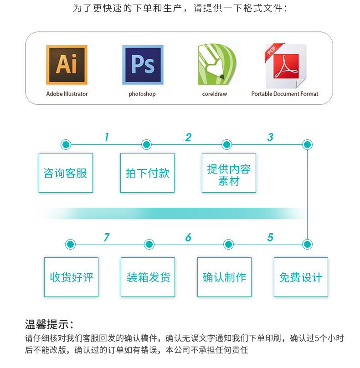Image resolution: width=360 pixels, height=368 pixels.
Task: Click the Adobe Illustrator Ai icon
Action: coord(67,65)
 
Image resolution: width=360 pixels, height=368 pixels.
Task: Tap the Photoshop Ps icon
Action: coord(142,65)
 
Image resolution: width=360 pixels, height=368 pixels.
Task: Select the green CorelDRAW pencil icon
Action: coord(217,65)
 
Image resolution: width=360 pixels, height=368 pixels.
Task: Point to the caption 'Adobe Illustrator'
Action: coord(67,94)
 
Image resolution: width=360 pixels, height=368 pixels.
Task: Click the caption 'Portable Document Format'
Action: coord(285,94)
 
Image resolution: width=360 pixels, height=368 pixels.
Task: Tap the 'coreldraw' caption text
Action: coord(215,94)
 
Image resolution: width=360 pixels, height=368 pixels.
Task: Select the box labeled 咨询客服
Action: coord(66,173)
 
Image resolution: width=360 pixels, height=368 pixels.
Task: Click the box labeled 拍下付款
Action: coord(147,173)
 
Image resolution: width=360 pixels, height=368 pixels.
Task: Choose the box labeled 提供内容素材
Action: coord(229,173)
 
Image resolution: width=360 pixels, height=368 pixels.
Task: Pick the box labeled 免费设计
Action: coord(300,277)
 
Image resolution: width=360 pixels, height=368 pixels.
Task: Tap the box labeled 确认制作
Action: coord(224,277)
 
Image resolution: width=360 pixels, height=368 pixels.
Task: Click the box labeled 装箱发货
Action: coord(148,277)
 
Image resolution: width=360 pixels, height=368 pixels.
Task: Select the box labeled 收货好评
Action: coord(71,277)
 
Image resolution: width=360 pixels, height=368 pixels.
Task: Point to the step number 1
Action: coord(107,137)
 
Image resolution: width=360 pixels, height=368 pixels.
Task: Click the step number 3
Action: coord(270,137)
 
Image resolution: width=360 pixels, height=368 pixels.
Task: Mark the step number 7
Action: coord(107,237)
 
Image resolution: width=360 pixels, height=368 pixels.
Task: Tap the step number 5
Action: coord(270,237)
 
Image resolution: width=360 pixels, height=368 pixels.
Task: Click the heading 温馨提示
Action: coord(49,325)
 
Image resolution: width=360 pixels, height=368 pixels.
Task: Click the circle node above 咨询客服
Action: coord(66,145)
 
